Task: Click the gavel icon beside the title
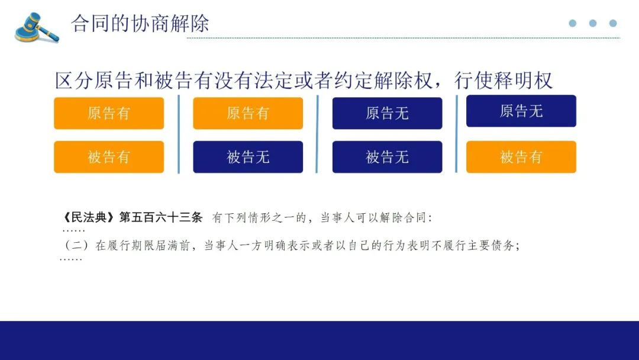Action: [x=37, y=27]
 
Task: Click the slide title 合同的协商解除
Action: [x=140, y=23]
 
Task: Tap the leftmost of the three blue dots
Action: [x=573, y=23]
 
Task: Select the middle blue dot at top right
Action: [x=593, y=23]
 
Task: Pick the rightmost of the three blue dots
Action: [x=613, y=23]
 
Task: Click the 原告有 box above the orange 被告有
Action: [x=109, y=113]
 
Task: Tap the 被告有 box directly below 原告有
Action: [x=109, y=157]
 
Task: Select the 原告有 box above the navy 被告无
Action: [x=248, y=113]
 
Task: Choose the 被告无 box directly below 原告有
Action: [x=248, y=157]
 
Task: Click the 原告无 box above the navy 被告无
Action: [x=387, y=113]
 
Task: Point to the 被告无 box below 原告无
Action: [x=387, y=157]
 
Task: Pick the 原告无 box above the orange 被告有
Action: [x=521, y=111]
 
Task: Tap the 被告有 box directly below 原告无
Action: [x=521, y=157]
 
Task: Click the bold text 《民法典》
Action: [x=89, y=217]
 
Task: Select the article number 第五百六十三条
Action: [x=160, y=217]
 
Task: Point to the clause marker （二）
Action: [x=76, y=246]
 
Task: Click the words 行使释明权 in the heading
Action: [x=504, y=81]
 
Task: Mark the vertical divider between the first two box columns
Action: [x=179, y=134]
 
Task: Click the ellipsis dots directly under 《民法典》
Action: [x=73, y=231]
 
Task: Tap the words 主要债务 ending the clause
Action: [x=492, y=246]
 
